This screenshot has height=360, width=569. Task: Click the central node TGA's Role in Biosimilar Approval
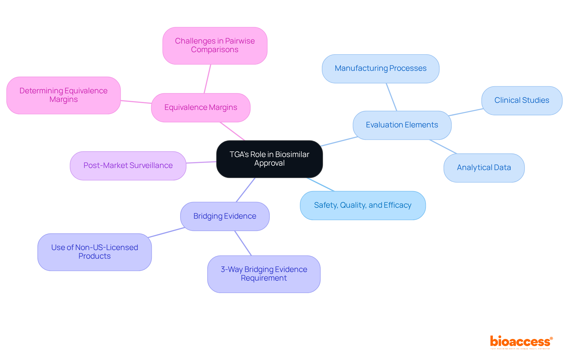pos(269,159)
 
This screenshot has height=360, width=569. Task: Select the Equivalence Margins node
pos(201,108)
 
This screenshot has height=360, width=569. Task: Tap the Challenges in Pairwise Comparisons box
pos(215,46)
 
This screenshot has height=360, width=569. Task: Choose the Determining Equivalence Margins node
pos(63,95)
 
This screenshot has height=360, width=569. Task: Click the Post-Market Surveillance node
pos(128,166)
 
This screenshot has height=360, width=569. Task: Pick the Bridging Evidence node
pos(225,216)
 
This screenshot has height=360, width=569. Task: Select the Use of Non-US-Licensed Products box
pos(95,252)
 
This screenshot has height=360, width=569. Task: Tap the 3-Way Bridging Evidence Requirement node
pos(264,274)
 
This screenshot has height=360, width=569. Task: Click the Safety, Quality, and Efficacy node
pos(363,205)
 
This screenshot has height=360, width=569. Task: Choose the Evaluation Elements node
pos(402,125)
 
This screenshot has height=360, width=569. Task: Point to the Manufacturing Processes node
pos(381,68)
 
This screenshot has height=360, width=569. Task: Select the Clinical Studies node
pos(522,100)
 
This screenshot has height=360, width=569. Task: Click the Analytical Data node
pos(484,168)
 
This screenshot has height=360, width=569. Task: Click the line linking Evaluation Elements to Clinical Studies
pos(466,112)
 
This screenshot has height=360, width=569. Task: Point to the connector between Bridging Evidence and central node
pos(245,190)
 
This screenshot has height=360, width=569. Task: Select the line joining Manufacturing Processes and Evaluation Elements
pos(391,97)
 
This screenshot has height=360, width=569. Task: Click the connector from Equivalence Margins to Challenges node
pos(207,79)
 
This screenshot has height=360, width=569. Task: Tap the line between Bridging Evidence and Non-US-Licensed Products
pos(167,232)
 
